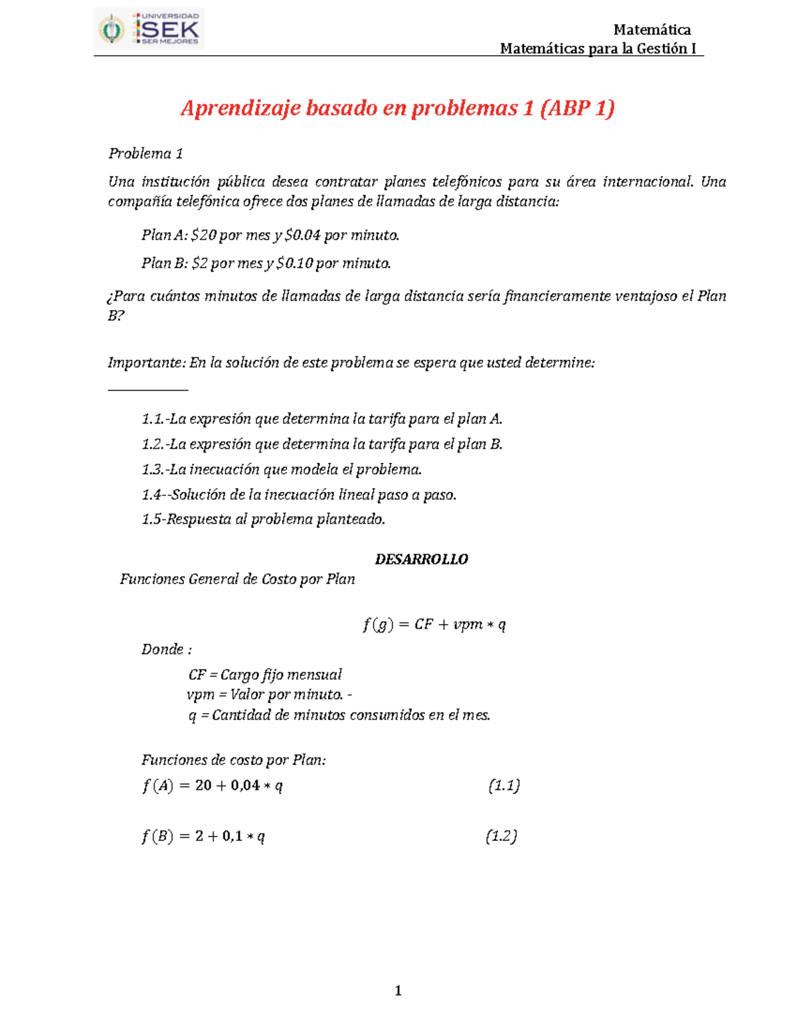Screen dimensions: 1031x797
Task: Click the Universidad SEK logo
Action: [x=149, y=29]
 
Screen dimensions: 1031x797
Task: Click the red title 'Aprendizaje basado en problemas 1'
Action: [x=397, y=108]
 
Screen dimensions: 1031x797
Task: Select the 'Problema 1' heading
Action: [x=145, y=154]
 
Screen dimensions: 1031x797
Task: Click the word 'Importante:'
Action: [x=147, y=363]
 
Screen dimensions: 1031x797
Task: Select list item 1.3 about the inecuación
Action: [x=282, y=470]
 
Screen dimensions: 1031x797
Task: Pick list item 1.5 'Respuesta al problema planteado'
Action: [x=263, y=519]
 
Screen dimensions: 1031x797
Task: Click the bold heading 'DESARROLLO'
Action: [x=421, y=560]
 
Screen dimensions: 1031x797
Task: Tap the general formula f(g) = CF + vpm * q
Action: [x=434, y=625]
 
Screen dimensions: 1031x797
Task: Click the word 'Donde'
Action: [x=163, y=649]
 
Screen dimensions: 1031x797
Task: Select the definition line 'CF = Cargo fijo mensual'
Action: [x=265, y=675]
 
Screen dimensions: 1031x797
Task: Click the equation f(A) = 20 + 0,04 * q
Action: [x=213, y=786]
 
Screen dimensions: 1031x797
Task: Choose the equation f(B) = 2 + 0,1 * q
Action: [x=203, y=836]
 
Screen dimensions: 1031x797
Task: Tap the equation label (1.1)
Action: [x=503, y=786]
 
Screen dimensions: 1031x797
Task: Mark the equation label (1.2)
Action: [x=501, y=836]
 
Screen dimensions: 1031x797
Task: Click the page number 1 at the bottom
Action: [x=398, y=991]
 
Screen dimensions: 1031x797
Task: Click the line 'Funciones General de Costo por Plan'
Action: [x=237, y=580]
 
